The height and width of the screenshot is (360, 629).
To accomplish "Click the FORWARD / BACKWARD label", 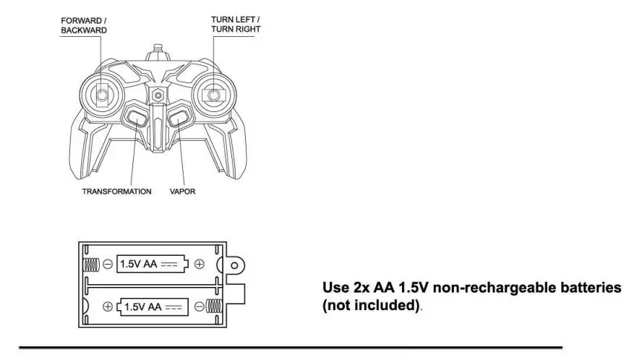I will pos(84,26).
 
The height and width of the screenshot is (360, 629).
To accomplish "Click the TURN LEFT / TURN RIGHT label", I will pos(236,24).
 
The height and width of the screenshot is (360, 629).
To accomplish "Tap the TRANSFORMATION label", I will pos(116,192).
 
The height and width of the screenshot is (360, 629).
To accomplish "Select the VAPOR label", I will pos(183,192).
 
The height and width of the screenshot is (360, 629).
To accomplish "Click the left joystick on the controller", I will pos(103,94).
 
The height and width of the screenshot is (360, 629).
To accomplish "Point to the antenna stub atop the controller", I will pos(157,55).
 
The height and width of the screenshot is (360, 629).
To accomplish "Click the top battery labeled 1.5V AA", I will pos(153,265).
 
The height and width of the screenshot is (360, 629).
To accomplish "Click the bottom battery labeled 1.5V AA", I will pos(153,307).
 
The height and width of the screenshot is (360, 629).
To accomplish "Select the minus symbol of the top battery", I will pos(107,265).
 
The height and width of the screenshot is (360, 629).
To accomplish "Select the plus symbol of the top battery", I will pos(200,265).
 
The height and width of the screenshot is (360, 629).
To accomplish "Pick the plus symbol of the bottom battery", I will pos(108,307).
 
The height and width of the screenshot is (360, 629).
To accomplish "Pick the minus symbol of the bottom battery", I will pos(197,307).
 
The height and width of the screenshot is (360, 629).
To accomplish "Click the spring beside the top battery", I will pos(90,265).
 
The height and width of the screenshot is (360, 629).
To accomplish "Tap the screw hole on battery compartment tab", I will pos(234,265).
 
